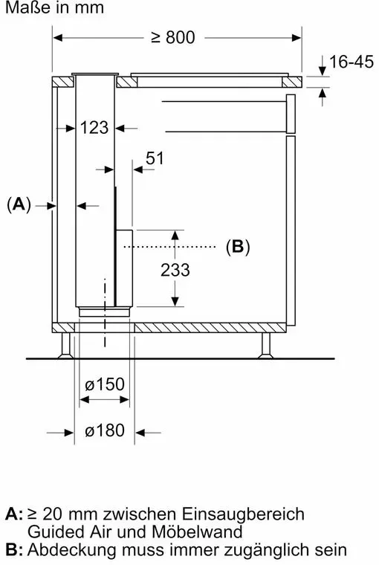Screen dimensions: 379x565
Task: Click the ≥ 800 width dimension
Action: tap(173, 37)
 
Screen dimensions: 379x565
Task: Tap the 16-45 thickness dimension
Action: tap(352, 62)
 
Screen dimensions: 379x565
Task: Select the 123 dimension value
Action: tap(94, 128)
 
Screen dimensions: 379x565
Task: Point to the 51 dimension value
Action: tap(155, 158)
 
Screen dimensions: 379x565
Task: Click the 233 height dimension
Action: tap(175, 270)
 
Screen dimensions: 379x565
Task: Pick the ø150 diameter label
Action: tap(105, 384)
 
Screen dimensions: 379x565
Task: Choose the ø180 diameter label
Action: tap(105, 430)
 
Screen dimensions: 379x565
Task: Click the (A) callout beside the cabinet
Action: tap(19, 204)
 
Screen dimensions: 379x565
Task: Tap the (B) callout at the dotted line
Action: tap(238, 247)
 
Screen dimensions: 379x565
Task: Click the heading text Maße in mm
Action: tap(55, 7)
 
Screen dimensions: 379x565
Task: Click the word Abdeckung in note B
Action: tap(72, 550)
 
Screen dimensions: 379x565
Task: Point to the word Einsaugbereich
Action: tap(243, 514)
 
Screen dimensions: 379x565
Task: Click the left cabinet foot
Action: tap(65, 346)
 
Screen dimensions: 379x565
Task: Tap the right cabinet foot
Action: tap(266, 346)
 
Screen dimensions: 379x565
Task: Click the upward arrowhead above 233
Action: tap(175, 236)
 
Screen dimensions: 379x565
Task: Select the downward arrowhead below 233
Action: tap(175, 302)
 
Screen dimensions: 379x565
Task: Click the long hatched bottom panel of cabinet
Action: tap(210, 328)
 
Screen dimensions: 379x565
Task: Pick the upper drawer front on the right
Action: tap(291, 114)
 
